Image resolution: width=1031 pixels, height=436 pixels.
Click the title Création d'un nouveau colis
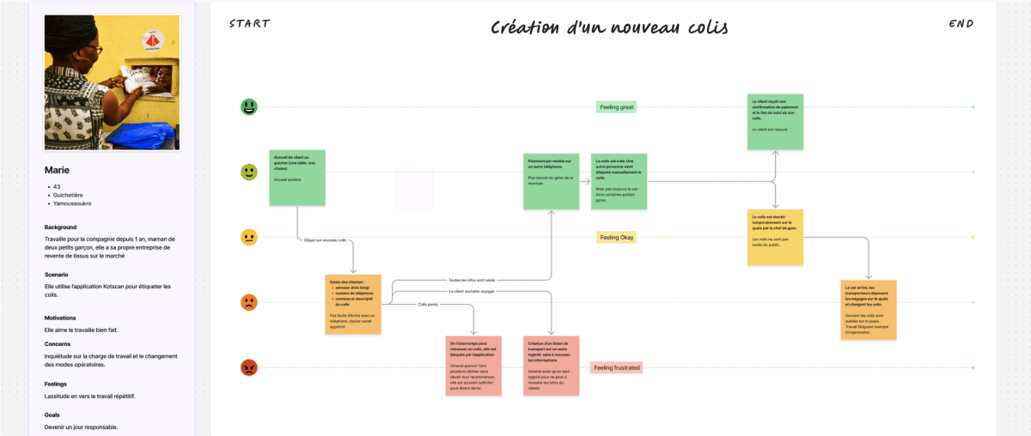pos(609,27)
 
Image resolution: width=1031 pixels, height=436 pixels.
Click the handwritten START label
pos(249,23)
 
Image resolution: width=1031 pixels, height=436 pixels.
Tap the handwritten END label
pos(961,24)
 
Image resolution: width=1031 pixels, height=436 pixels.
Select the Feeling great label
pos(616,107)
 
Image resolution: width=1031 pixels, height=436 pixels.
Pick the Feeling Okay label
pos(616,237)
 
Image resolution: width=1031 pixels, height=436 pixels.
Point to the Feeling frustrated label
pos(616,367)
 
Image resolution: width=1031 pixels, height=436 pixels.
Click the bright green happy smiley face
pos(249,107)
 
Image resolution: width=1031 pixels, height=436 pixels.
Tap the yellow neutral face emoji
pos(249,237)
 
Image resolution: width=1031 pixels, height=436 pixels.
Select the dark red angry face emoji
pos(249,367)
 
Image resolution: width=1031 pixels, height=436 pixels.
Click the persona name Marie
pos(57,170)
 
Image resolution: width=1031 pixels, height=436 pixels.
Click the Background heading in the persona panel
pos(61,227)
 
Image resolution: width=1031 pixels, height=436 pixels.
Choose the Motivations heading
pos(60,318)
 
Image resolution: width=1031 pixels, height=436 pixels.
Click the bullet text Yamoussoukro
pos(72,203)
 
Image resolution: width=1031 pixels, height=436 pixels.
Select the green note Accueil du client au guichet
pos(297,178)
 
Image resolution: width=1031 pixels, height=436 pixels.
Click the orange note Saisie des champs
pos(352,304)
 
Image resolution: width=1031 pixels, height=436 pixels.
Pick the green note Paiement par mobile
pos(551,181)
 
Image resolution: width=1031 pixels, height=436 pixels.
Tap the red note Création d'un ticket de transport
pos(551,366)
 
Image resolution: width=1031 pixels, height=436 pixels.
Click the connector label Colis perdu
pos(428,305)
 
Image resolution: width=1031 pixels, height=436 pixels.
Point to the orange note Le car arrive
pos(868,309)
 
